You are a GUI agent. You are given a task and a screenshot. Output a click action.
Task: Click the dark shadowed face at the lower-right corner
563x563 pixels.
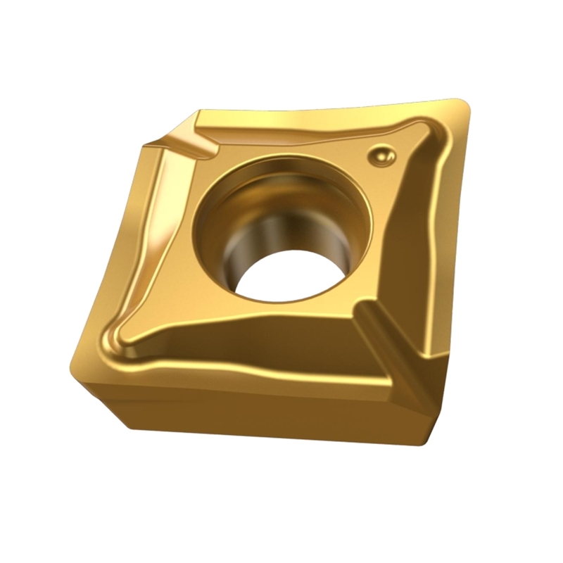coord(415,415)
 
